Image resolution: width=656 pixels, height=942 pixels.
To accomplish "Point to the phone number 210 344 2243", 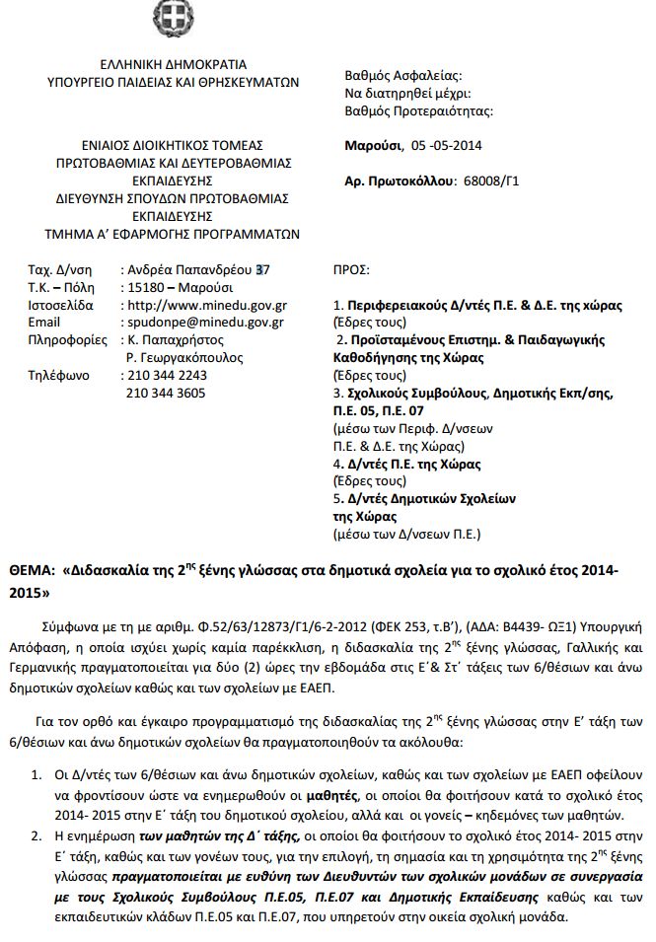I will point(167,376).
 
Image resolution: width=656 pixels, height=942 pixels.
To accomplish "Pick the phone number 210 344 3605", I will point(167,394).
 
